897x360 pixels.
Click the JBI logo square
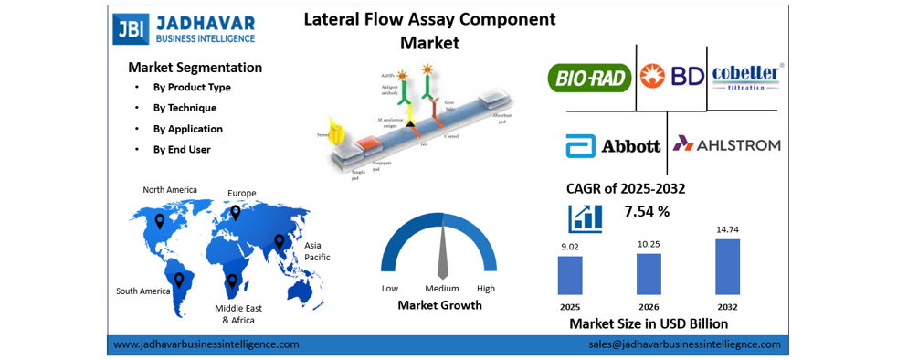pyautogui.click(x=131, y=28)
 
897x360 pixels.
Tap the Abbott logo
pyautogui.click(x=613, y=145)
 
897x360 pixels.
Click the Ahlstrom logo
pyautogui.click(x=727, y=144)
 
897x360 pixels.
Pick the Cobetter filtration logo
pyautogui.click(x=746, y=76)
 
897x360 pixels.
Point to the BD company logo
pyautogui.click(x=671, y=76)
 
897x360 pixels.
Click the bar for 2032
pyautogui.click(x=727, y=266)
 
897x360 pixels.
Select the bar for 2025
pyautogui.click(x=570, y=274)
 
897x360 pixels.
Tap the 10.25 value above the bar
pyautogui.click(x=648, y=244)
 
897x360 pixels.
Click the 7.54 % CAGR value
pyautogui.click(x=647, y=212)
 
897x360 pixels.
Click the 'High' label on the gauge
pyautogui.click(x=485, y=289)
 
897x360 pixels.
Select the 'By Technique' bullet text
pyautogui.click(x=185, y=108)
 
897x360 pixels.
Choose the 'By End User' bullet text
pyautogui.click(x=182, y=149)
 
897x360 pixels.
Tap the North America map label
pyautogui.click(x=170, y=190)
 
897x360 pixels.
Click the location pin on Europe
pyautogui.click(x=235, y=212)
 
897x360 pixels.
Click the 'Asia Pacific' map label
pyautogui.click(x=317, y=251)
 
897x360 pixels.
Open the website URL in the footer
pyautogui.click(x=206, y=344)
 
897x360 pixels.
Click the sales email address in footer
pyautogui.click(x=684, y=344)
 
